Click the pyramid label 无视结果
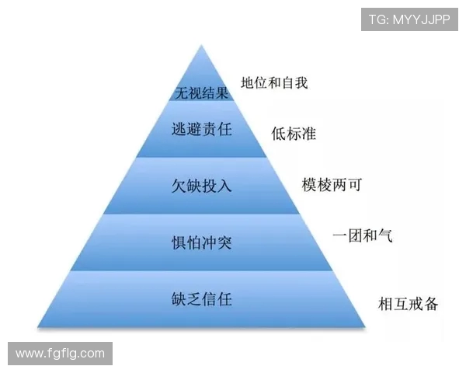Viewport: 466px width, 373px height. tap(201, 92)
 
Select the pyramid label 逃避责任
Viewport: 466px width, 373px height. tap(201, 129)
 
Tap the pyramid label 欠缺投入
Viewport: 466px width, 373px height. tap(201, 186)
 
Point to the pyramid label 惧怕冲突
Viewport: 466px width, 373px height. tap(201, 242)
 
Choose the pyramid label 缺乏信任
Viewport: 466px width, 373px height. tap(201, 299)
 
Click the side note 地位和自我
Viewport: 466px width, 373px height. tap(274, 82)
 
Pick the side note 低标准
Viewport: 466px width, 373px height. tap(294, 133)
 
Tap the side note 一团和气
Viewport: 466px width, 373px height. tap(362, 235)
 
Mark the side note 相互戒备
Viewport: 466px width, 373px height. tap(408, 303)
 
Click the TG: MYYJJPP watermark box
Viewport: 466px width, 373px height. tap(409, 19)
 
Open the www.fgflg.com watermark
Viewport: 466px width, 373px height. tap(60, 354)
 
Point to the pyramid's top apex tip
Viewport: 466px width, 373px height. tap(202, 45)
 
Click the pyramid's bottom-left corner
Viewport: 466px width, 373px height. tap(38, 327)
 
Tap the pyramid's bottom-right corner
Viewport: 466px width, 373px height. tap(365, 327)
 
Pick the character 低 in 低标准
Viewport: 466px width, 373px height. tap(279, 133)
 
